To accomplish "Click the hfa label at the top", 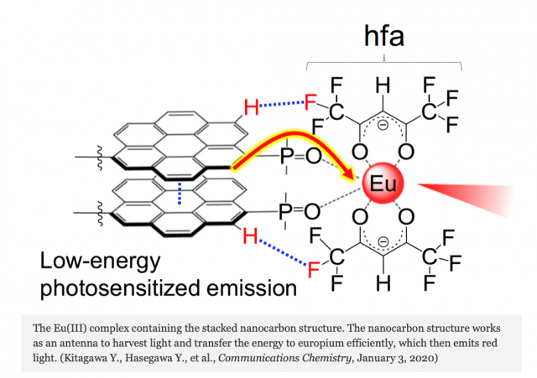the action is tap(384, 36).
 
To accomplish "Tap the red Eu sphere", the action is tap(383, 183).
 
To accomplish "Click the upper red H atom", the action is tap(252, 107).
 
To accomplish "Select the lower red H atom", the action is tap(250, 236).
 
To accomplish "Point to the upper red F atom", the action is tap(310, 102).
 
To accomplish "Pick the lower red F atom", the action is tap(313, 270).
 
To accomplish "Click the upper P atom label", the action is tap(287, 157).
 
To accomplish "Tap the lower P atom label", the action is tap(285, 211).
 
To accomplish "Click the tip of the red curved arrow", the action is tap(355, 179).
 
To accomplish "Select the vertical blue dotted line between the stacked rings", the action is tap(180, 194).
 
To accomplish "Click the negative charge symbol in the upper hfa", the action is tap(383, 126).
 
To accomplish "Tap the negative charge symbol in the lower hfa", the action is tap(383, 242).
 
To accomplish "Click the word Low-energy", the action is tap(101, 261).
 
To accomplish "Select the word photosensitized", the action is tap(120, 288).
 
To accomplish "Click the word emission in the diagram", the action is tap(252, 288).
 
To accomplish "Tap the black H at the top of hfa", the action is tap(383, 85).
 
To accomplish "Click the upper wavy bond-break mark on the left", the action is tap(100, 158).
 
